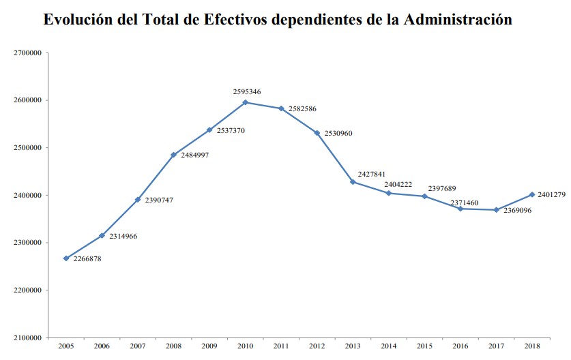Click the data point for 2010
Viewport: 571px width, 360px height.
click(246, 102)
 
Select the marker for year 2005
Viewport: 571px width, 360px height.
click(66, 258)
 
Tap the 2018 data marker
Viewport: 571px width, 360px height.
click(531, 194)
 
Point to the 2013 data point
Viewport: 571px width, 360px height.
click(353, 181)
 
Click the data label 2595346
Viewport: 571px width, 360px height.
click(246, 91)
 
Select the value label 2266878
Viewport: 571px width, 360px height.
click(92, 259)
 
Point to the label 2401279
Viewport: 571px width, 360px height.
click(552, 195)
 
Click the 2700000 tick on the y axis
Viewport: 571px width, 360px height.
click(29, 52)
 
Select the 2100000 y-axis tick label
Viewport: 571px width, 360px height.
click(29, 337)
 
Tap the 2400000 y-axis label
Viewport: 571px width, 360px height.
click(29, 195)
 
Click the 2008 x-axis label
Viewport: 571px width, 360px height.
click(173, 347)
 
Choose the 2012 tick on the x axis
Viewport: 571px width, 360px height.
click(317, 347)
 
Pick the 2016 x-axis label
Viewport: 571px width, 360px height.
click(460, 347)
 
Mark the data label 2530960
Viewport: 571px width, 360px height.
click(338, 134)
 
